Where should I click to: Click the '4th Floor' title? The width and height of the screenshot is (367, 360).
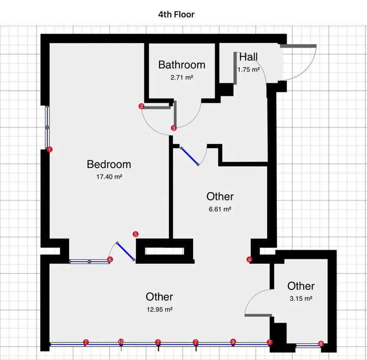click(177, 15)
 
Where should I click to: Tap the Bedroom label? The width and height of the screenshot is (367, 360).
click(109, 164)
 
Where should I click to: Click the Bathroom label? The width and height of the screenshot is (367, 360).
click(181, 64)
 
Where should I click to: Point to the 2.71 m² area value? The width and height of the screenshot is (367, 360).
click(181, 76)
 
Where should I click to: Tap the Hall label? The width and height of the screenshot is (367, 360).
click(248, 57)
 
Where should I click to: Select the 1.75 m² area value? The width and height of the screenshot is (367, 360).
click(248, 69)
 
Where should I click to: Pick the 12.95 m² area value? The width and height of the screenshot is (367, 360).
click(159, 309)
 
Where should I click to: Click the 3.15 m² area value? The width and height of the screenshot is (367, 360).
click(301, 298)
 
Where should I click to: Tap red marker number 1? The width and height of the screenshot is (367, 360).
click(49, 150)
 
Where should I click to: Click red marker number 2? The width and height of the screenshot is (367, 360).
click(141, 107)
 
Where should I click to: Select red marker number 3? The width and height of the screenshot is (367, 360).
click(174, 128)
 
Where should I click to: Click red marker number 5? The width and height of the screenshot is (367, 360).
click(136, 234)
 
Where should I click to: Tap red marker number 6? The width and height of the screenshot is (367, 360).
click(110, 259)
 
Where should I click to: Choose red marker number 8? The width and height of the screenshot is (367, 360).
click(321, 344)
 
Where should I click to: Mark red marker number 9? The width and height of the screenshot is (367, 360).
click(233, 342)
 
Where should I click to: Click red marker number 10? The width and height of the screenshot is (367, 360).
click(121, 342)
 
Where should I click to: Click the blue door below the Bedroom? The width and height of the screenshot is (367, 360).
click(125, 251)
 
